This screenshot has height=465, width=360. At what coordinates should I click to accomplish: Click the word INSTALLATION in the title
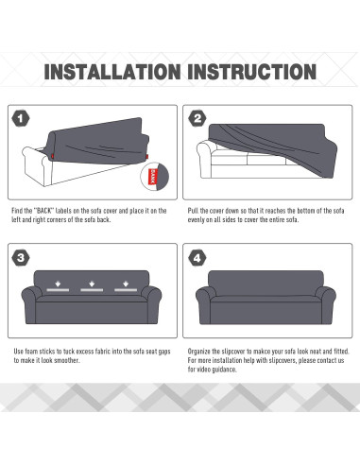pyautogui.click(x=112, y=72)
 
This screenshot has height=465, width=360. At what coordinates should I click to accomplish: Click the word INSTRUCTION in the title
pyautogui.click(x=252, y=72)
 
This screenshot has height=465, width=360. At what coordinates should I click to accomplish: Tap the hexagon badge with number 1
pyautogui.click(x=21, y=119)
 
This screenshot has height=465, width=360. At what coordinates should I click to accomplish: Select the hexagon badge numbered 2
pyautogui.click(x=197, y=118)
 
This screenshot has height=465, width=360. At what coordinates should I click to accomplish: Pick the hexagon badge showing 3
pyautogui.click(x=21, y=258)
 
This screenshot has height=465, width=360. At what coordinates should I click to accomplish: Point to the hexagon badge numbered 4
pyautogui.click(x=197, y=258)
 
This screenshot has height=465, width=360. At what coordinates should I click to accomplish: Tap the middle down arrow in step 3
pyautogui.click(x=92, y=284)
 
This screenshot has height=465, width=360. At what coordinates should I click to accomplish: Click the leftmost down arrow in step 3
pyautogui.click(x=58, y=284)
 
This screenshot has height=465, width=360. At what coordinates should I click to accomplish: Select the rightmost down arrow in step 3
pyautogui.click(x=126, y=284)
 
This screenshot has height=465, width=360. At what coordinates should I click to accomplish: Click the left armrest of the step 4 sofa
pyautogui.click(x=204, y=303)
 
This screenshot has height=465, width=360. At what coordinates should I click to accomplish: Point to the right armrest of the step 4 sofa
pyautogui.click(x=326, y=303)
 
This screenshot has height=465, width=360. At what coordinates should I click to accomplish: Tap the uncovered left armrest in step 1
pyautogui.click(x=36, y=165)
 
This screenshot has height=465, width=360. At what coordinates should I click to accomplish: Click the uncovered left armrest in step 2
pyautogui.click(x=206, y=159)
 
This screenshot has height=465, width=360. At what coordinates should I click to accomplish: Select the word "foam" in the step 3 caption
pyautogui.click(x=31, y=352)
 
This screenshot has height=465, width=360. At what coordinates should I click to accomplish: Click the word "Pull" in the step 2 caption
pyautogui.click(x=193, y=211)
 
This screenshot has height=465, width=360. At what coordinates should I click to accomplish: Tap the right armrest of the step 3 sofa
pyautogui.click(x=151, y=304)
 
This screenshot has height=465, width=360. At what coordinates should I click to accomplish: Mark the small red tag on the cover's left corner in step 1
pyautogui.click(x=52, y=156)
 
